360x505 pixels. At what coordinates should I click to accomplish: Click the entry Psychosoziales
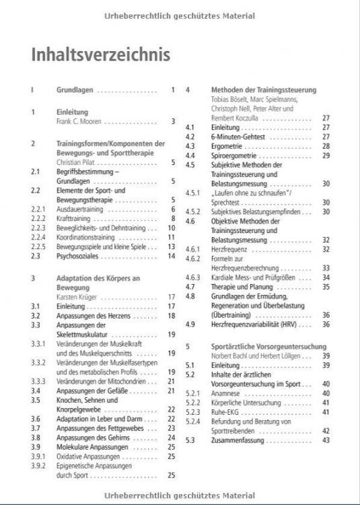pos(79,256)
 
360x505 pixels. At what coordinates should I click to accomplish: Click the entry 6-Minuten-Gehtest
pos(238,137)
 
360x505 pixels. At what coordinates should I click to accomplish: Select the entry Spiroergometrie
pos(234,156)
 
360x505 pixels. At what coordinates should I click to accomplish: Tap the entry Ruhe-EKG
pos(226,411)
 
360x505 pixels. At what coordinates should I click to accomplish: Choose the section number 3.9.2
pos(38,465)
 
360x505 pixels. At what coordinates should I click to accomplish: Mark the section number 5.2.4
pos(194,421)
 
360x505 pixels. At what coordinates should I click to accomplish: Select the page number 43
pos(326,440)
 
